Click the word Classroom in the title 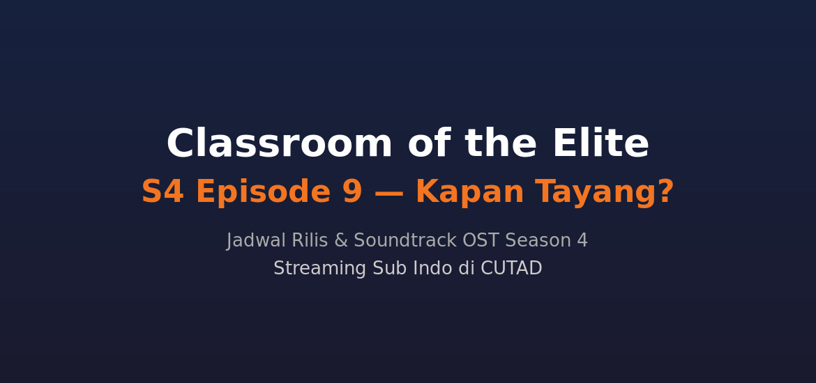[x=279, y=145]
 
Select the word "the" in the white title [x=501, y=145]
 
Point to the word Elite [x=600, y=145]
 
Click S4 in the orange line [x=163, y=193]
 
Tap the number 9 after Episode [x=352, y=193]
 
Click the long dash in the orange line [x=388, y=193]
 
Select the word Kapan [x=469, y=193]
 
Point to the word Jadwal [x=256, y=241]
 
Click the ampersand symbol [x=340, y=241]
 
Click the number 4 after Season [x=582, y=241]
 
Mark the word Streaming [x=320, y=269]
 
